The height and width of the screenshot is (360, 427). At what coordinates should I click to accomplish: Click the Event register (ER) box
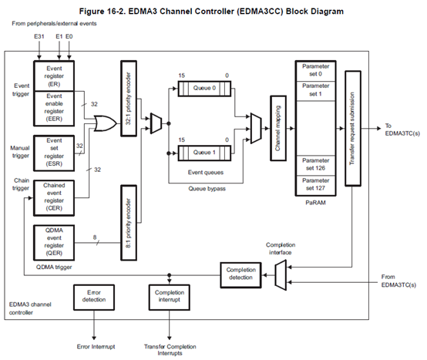click(x=54, y=76)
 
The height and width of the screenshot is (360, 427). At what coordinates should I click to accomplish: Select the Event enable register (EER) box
click(x=54, y=109)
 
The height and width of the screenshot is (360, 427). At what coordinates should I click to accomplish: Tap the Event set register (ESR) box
click(x=54, y=153)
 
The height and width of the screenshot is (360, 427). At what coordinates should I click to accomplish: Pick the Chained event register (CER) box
click(x=54, y=198)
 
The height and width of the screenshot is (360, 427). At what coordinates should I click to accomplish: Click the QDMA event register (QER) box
click(x=54, y=242)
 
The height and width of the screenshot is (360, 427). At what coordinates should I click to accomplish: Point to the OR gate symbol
click(x=105, y=123)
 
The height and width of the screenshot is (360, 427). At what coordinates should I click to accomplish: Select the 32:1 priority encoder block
click(x=129, y=99)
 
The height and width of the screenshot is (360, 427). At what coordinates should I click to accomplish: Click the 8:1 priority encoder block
click(x=129, y=223)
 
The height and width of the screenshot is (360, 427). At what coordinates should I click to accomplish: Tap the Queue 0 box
click(x=204, y=88)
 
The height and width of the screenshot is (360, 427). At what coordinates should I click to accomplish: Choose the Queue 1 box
click(x=204, y=153)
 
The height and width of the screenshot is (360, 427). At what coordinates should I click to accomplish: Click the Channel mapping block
click(x=278, y=128)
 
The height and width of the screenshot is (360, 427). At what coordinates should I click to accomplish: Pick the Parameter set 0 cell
click(x=315, y=71)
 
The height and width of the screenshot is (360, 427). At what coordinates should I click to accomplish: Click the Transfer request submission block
click(x=353, y=128)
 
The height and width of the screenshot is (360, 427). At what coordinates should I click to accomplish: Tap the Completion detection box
click(x=240, y=275)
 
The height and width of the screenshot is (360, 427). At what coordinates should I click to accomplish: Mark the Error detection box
click(x=94, y=298)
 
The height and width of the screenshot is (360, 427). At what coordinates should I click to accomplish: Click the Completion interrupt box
click(x=169, y=298)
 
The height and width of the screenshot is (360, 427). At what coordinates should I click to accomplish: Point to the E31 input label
click(x=39, y=36)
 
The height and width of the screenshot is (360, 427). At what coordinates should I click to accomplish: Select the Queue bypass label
click(x=207, y=188)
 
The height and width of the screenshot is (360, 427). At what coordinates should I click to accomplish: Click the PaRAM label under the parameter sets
click(x=315, y=203)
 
